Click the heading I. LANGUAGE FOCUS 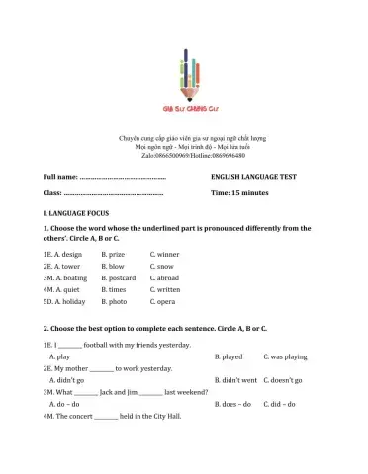(76, 212)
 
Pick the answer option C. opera (163, 302)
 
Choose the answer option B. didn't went (235, 379)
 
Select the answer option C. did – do (282, 404)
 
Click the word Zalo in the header (148, 156)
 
